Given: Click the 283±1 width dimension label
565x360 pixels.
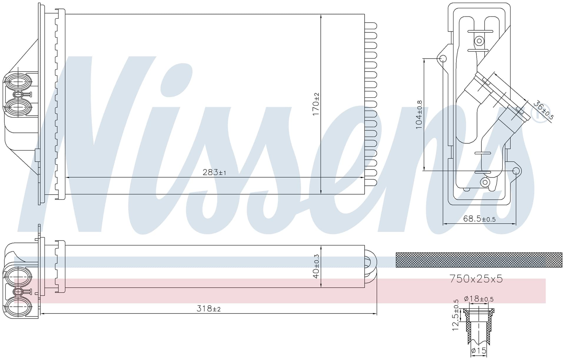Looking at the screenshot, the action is (214, 172).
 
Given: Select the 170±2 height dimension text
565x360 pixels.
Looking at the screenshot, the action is (316, 104).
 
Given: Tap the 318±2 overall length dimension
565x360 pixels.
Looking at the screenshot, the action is (208, 308).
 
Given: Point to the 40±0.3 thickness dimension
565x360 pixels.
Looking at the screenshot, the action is (316, 266).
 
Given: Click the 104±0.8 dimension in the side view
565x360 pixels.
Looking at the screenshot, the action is (419, 115).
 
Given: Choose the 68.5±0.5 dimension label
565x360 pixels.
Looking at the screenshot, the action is (479, 219).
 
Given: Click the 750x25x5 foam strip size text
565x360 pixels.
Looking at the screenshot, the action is (476, 278).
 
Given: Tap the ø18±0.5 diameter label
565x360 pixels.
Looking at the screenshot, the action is (478, 299).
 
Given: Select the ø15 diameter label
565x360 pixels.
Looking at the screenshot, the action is (478, 351).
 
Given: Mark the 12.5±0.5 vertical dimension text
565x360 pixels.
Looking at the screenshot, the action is (455, 315).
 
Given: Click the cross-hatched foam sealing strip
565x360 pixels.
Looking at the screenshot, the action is (479, 260).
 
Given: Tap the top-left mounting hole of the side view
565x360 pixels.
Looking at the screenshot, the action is (443, 59).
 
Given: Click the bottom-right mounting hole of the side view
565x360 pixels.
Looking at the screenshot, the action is (516, 171).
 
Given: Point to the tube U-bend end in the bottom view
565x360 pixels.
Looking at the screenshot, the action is (371, 267).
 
